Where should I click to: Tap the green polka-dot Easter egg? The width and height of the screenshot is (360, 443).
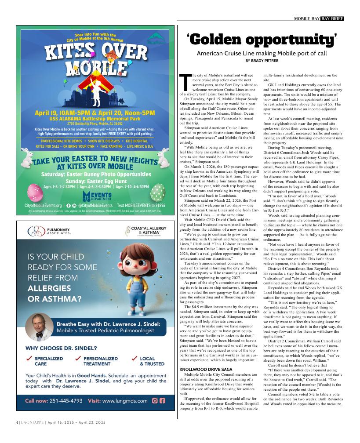click(158, 192)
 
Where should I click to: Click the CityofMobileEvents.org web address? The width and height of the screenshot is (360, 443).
click(43, 205)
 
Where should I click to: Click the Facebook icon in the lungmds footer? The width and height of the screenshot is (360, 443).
click(162, 400)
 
